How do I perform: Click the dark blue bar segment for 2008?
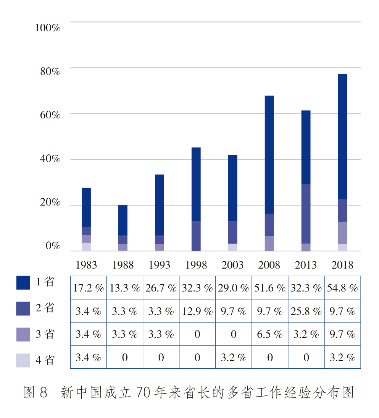[269, 154]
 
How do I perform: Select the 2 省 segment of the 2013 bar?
[306, 214]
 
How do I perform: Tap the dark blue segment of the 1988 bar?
[123, 220]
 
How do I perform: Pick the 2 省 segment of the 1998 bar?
[196, 236]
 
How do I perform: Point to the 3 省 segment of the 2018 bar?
[342, 233]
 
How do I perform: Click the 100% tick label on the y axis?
[48, 28]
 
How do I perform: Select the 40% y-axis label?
[50, 159]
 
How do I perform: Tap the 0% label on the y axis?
[53, 246]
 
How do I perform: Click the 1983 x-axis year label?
[86, 265]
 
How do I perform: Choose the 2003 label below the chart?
[232, 265]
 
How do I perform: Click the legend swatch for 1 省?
[23, 282]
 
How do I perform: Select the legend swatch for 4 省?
[23, 360]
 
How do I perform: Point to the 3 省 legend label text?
[45, 334]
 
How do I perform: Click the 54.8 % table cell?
[342, 288]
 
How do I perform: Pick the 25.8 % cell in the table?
[306, 311]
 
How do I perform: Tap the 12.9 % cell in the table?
[197, 311]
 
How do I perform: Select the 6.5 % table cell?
[270, 334]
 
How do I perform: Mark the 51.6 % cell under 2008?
[270, 288]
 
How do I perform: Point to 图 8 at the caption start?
[35, 392]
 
